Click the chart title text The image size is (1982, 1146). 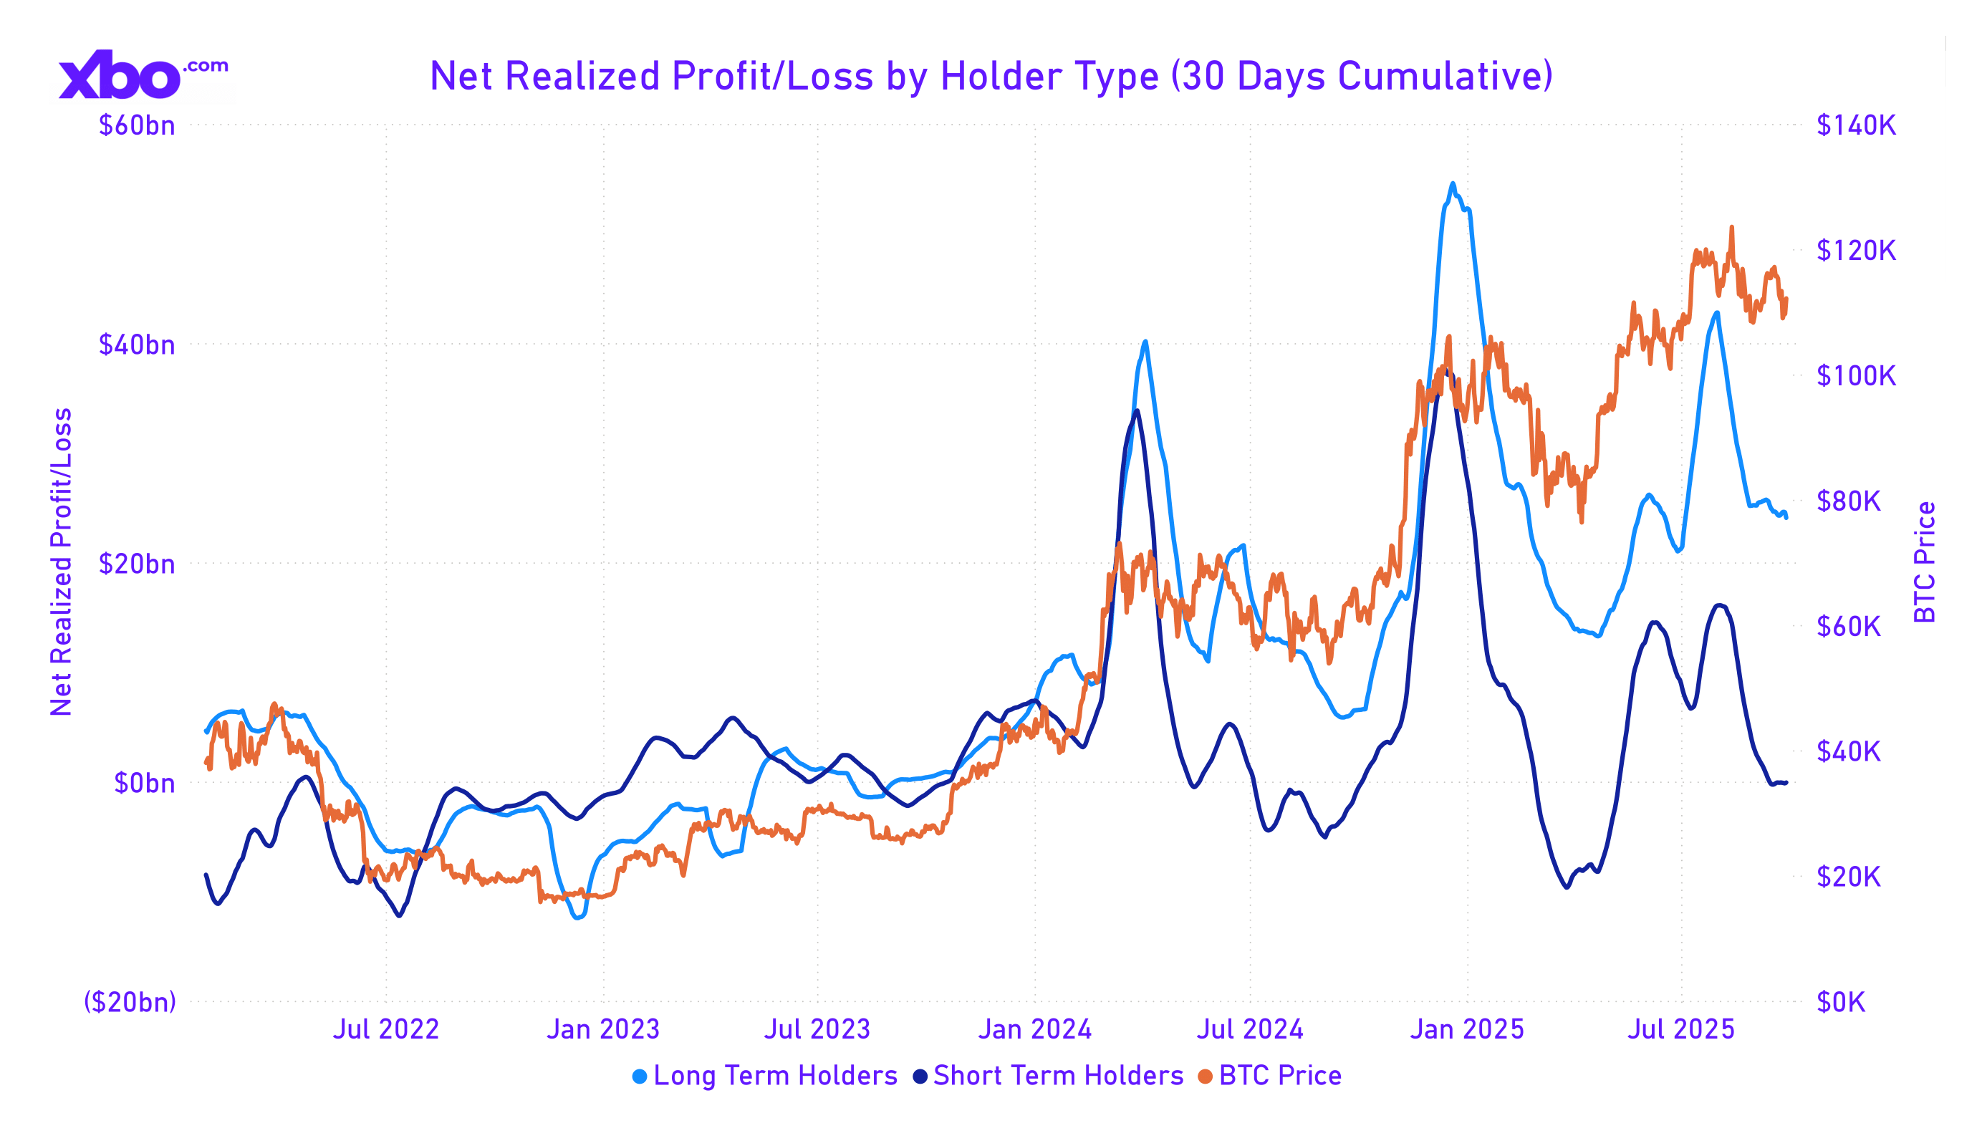991,77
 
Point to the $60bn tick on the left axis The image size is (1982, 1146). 137,126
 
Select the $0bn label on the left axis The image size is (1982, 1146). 145,784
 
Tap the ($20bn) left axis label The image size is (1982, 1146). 130,1002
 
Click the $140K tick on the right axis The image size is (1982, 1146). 1856,125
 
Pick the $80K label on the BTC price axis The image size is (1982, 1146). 1849,501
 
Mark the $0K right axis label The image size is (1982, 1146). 1841,1002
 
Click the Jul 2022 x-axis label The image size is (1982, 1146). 385,1029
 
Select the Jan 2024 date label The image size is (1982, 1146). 1035,1029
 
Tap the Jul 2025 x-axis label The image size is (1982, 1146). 1680,1029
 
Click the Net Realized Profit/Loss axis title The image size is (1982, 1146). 62,562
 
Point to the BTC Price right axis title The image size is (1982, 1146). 1925,562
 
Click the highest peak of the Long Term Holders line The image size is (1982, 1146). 1453,184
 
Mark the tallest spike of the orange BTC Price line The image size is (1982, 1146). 1732,227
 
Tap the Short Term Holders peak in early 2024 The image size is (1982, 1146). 1137,411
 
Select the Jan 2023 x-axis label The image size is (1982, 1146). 603,1029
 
